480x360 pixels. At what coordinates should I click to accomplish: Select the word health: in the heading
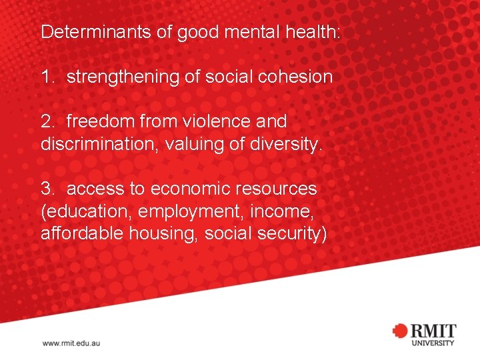(315, 32)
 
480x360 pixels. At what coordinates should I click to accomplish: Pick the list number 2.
(47, 121)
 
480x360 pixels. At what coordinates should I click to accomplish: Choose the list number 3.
(47, 189)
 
